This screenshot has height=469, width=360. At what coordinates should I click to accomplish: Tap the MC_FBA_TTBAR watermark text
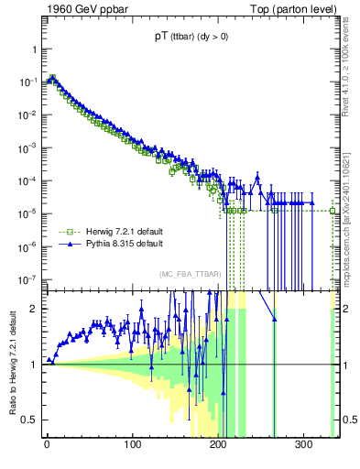[190, 275]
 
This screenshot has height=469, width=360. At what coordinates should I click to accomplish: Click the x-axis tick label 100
[133, 444]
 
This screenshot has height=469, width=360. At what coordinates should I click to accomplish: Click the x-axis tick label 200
[219, 444]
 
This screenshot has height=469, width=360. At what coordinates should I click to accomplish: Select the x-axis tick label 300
[305, 444]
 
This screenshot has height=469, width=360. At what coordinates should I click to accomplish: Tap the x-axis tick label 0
[47, 444]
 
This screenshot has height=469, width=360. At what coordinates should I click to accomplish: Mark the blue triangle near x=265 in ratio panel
[274, 318]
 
